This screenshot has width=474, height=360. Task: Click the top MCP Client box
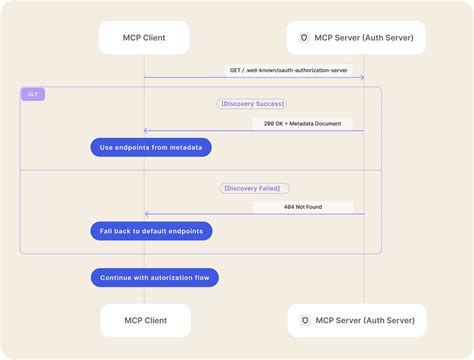coord(144,38)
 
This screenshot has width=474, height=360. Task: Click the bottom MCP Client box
coord(144,321)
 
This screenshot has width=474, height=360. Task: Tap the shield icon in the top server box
coord(304,38)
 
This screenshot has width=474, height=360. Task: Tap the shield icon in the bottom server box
coord(304,321)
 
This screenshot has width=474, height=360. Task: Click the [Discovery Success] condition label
coord(252,103)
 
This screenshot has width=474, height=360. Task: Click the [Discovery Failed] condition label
coord(254,187)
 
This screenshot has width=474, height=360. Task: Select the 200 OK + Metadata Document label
coord(303,123)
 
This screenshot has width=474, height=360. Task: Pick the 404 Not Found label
coord(302,207)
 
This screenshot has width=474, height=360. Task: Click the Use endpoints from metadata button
coord(151,147)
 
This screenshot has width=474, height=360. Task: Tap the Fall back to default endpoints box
coord(151,231)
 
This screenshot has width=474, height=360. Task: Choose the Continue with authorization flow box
coord(154,277)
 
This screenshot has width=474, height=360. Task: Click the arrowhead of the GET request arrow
coord(361,77)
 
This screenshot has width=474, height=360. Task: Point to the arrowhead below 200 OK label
coord(147,131)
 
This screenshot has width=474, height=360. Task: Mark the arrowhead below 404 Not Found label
coord(147,214)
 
